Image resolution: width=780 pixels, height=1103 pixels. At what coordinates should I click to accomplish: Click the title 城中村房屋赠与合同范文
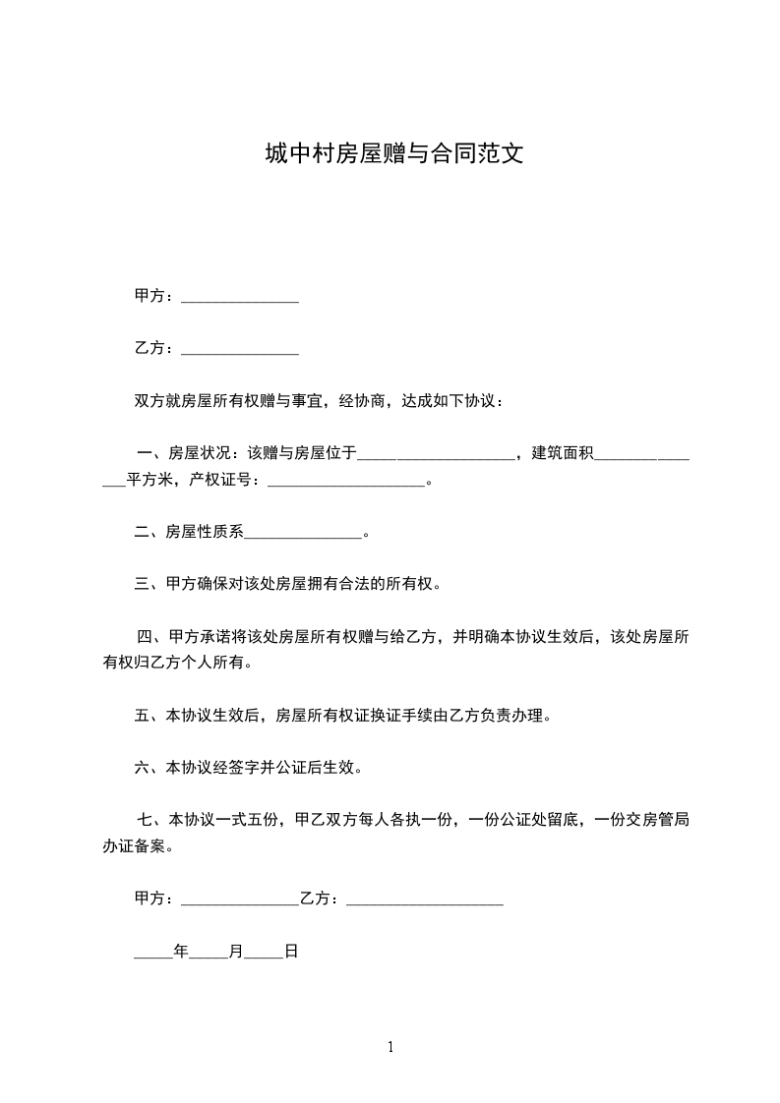click(x=390, y=153)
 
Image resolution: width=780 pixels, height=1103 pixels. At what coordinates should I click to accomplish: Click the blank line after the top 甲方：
click(x=240, y=298)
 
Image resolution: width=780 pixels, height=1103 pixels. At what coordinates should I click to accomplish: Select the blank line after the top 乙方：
click(x=240, y=350)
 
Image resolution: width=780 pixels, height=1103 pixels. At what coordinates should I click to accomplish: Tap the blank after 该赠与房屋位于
click(x=435, y=454)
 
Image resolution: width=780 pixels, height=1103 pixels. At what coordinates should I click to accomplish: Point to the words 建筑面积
click(x=563, y=453)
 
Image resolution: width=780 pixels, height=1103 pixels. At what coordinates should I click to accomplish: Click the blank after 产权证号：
click(x=345, y=482)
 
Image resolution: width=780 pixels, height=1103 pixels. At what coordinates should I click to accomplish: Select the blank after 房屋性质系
click(x=303, y=535)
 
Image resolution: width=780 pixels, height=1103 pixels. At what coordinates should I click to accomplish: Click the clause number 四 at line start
click(x=144, y=637)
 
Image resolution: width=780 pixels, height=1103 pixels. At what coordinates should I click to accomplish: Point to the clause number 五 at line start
click(x=141, y=716)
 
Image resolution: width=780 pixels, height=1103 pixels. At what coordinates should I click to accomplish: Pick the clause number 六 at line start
click(x=141, y=768)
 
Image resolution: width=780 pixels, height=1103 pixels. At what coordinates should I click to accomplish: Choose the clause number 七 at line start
click(x=144, y=820)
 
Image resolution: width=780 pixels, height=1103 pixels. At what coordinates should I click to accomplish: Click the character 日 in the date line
click(x=291, y=952)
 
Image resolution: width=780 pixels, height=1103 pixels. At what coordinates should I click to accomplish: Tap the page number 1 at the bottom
click(x=390, y=1047)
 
